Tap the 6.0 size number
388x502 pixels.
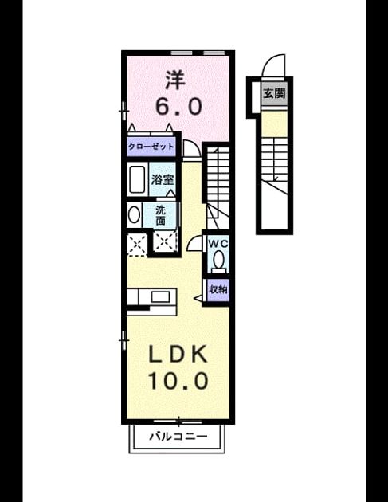178,106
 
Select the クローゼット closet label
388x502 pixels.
151,147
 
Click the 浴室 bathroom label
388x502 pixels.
163,179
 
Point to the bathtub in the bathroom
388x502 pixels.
137,179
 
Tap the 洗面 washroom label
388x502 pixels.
160,215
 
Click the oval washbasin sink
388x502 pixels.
134,214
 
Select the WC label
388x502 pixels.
218,243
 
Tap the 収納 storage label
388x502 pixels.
218,289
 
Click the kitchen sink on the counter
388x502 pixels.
160,296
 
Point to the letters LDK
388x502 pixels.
178,355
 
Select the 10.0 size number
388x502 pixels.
178,381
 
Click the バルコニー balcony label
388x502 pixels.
178,436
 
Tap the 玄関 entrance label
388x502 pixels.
274,94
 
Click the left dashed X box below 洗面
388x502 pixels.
137,245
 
